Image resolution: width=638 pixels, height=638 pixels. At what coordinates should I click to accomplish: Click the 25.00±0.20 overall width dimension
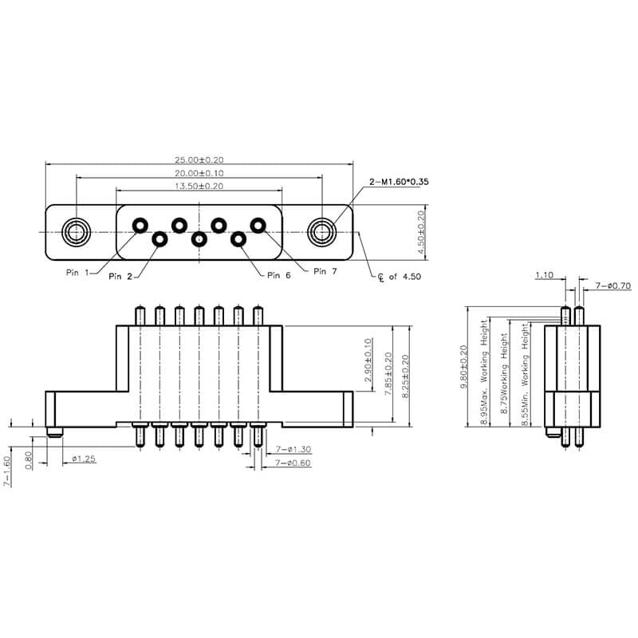[x=199, y=159]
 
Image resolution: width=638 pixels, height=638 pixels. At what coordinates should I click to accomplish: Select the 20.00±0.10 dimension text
[x=199, y=173]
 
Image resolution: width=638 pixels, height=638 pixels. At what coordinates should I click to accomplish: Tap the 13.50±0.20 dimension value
[x=199, y=186]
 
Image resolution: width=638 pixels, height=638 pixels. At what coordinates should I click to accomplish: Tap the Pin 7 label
[x=326, y=271]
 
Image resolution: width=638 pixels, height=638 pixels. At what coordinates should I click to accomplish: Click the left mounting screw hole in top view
[x=77, y=232]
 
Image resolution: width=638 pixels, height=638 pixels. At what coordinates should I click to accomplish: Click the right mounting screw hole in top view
[x=321, y=232]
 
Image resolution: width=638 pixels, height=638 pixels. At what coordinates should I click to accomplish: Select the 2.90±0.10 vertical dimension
[x=368, y=360]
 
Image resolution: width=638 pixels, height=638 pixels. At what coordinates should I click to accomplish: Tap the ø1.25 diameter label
[x=85, y=459]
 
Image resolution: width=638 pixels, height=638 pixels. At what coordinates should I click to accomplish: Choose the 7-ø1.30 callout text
[x=292, y=450]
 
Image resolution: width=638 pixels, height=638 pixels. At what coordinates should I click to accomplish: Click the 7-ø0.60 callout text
[x=292, y=463]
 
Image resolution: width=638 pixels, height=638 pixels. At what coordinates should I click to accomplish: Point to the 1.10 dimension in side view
[x=544, y=275]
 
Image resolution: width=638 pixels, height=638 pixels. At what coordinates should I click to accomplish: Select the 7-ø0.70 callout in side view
[x=612, y=286]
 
